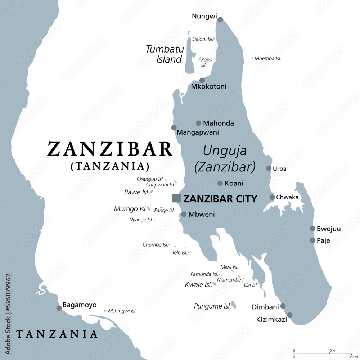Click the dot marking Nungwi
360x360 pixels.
click(220, 20)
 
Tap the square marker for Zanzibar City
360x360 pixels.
click(176, 198)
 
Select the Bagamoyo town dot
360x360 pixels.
click(59, 308)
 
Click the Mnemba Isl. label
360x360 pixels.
click(268, 58)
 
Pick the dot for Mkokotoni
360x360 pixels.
click(202, 80)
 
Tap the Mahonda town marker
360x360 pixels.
click(198, 123)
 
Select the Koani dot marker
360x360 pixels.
click(220, 183)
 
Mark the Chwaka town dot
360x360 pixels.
click(272, 197)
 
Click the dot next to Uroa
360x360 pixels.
click(269, 168)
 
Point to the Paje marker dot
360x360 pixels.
click(312, 240)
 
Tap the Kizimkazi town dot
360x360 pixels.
click(290, 315)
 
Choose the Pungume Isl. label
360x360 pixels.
click(212, 306)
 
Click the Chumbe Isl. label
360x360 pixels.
click(156, 245)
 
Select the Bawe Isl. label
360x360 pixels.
click(136, 192)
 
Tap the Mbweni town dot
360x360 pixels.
click(184, 214)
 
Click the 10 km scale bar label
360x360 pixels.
click(332, 351)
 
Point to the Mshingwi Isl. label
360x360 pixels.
click(122, 311)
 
